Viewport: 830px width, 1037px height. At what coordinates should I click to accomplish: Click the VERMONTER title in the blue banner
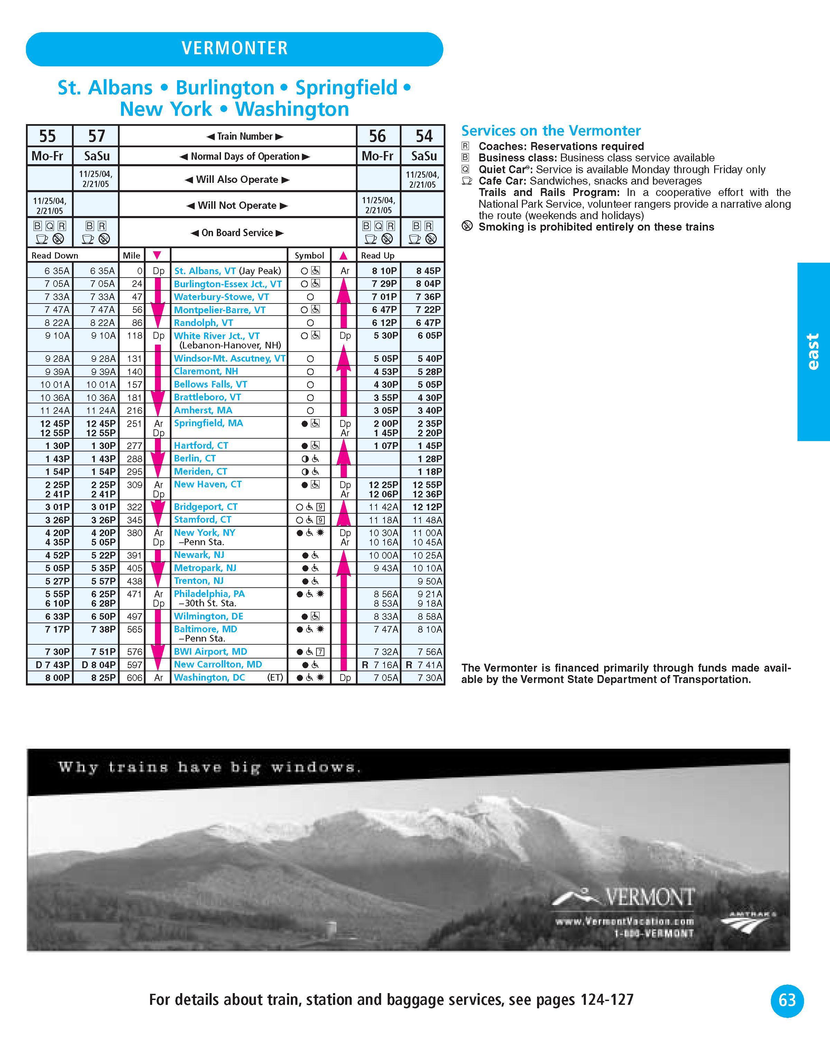pos(234,48)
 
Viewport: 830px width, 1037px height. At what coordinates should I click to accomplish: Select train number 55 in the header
pos(48,136)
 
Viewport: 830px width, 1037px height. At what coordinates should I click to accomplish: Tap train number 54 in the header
pos(424,136)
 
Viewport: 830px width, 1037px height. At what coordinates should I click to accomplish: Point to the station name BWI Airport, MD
pos(210,652)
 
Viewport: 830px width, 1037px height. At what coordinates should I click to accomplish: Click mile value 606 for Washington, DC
pos(135,678)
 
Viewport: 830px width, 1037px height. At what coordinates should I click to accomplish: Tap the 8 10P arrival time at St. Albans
pos(385,271)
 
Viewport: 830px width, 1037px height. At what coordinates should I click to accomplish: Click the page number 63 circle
pos(787,1000)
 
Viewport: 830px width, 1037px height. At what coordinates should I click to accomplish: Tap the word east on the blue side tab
pos(813,352)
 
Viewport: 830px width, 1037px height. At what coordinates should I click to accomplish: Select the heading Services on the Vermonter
pos(551,131)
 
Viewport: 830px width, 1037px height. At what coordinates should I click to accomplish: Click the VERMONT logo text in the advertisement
pos(649,897)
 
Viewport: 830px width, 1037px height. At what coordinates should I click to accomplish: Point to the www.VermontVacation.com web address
pos(625,922)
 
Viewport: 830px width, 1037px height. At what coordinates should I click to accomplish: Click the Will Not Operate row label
pos(237,205)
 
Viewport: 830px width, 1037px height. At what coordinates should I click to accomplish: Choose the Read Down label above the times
pos(55,255)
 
